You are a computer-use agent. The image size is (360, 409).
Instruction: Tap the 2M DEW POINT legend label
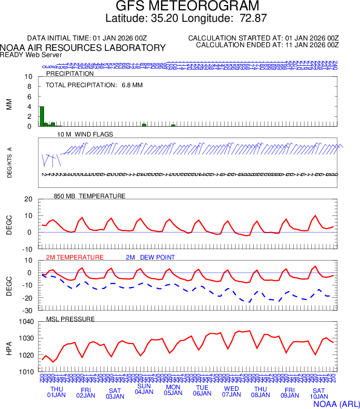(150, 257)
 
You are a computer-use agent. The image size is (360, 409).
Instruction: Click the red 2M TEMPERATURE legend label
(75, 257)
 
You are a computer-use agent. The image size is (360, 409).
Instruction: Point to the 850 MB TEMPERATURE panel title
(90, 196)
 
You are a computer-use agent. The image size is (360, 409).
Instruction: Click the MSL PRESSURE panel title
(71, 319)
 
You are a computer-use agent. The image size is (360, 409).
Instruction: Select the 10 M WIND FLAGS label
(85, 134)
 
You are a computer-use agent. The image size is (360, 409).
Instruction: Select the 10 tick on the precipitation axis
(29, 77)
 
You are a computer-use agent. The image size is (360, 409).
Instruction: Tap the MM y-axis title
(9, 104)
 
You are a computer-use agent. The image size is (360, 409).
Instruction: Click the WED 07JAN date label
(231, 391)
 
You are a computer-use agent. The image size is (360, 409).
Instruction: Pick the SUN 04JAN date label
(144, 389)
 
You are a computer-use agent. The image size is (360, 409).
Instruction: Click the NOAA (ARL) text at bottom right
(336, 403)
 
